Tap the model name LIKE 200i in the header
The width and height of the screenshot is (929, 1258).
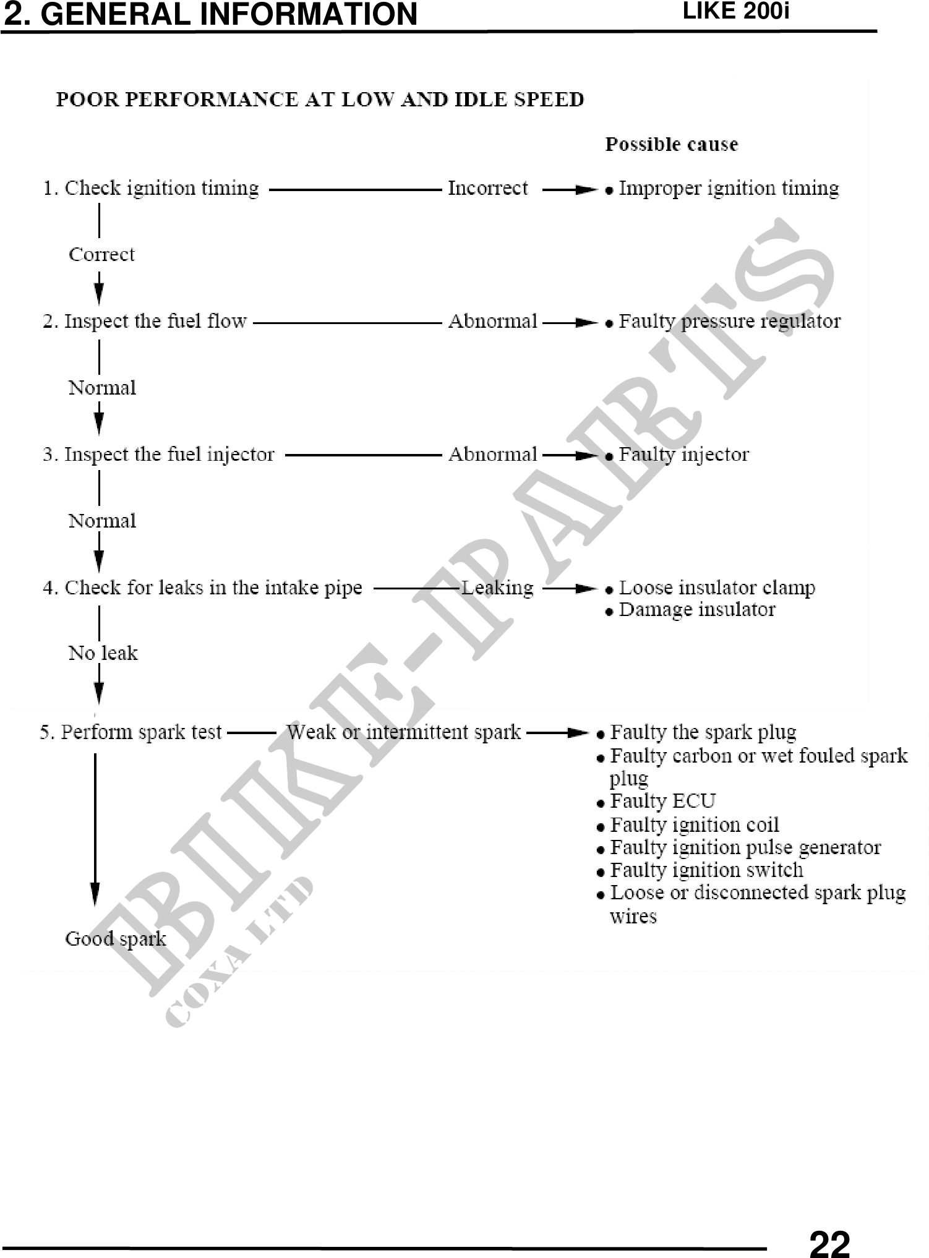pyautogui.click(x=735, y=12)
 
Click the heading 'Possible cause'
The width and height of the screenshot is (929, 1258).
pyautogui.click(x=672, y=145)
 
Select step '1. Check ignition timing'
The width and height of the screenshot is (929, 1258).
pyautogui.click(x=150, y=189)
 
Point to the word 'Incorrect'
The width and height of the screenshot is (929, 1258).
pyautogui.click(x=488, y=189)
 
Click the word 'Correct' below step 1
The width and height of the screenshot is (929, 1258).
pyautogui.click(x=101, y=255)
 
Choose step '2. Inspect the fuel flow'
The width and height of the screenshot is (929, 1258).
pyautogui.click(x=145, y=322)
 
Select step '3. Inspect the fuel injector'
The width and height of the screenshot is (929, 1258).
pyautogui.click(x=158, y=455)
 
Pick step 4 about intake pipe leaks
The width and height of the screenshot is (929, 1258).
pyautogui.click(x=202, y=588)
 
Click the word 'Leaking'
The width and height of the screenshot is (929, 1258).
pyautogui.click(x=498, y=588)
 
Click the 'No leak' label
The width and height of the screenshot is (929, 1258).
pyautogui.click(x=103, y=653)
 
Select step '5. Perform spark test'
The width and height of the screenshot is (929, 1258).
pyautogui.click(x=131, y=733)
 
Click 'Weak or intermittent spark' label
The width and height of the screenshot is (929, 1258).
pyautogui.click(x=404, y=733)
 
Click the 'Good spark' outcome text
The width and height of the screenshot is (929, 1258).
pyautogui.click(x=116, y=939)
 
